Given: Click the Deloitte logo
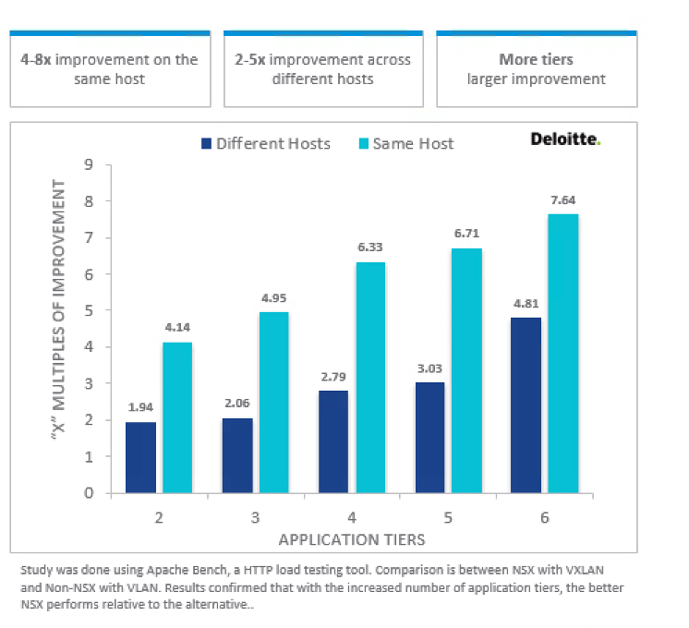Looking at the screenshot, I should click(565, 139).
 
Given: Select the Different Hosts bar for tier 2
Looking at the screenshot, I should click(140, 457).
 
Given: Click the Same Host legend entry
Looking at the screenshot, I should click(405, 143).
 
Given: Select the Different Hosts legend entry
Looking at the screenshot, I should click(264, 143).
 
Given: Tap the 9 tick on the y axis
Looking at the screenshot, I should click(89, 165).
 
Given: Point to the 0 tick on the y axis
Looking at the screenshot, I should click(89, 492).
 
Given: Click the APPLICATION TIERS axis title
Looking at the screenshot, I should click(352, 538).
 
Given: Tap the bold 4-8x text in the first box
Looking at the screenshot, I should click(37, 59).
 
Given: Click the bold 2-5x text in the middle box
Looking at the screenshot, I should click(249, 59).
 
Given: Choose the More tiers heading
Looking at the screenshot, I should click(536, 59).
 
